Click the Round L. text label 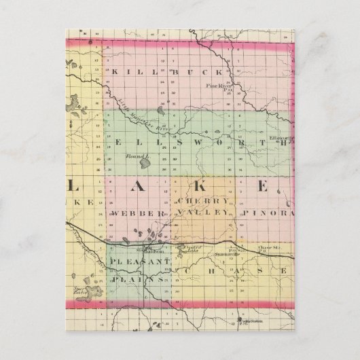coord(133,156)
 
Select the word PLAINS coord(137,278)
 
